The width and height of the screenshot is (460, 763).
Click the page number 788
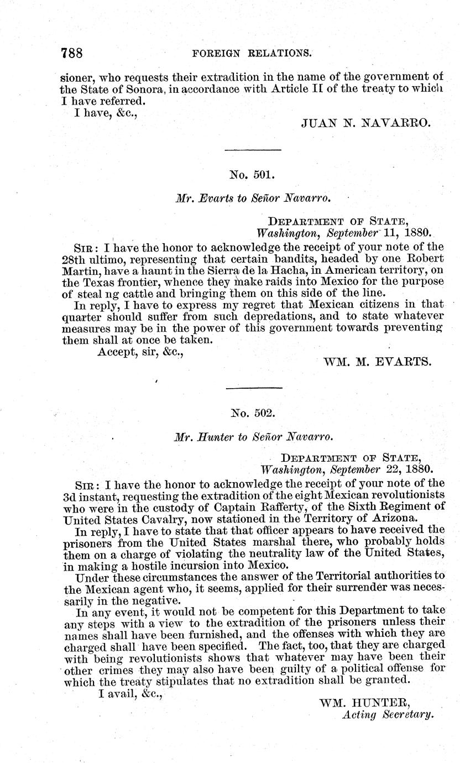pos(72,53)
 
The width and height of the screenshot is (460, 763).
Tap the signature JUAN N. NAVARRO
pos(365,123)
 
